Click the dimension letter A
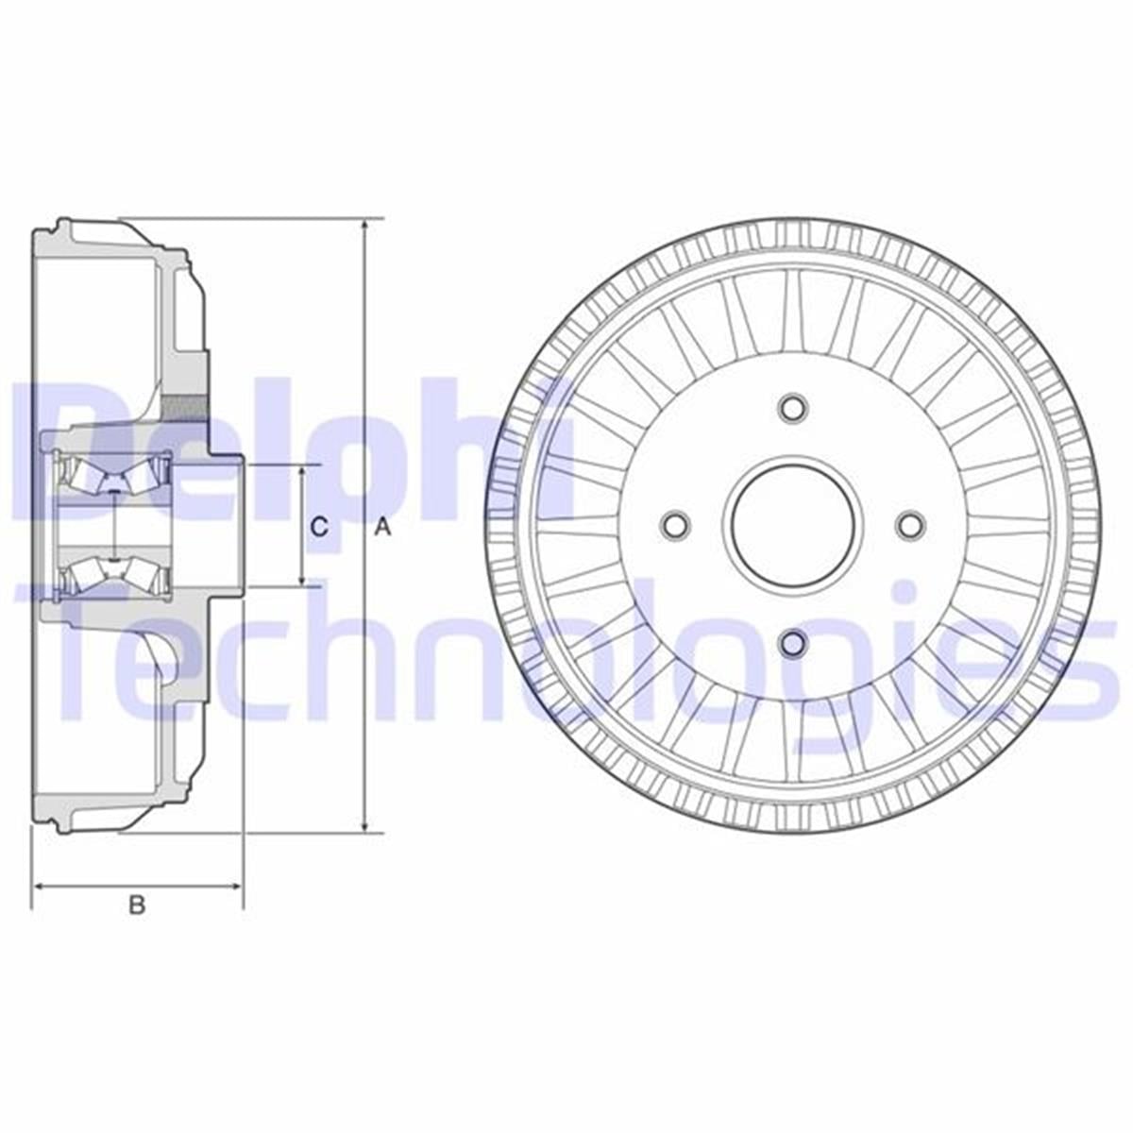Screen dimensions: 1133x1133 (382, 529)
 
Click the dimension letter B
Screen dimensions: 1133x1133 (137, 905)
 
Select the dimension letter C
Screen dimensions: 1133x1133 (320, 528)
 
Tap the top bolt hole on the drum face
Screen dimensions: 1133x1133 (792, 408)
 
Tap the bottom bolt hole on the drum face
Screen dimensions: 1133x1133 (792, 642)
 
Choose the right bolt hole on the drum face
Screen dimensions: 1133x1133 (910, 525)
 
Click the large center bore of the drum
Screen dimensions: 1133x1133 (792, 525)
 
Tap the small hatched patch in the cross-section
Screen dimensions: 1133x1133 (185, 408)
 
